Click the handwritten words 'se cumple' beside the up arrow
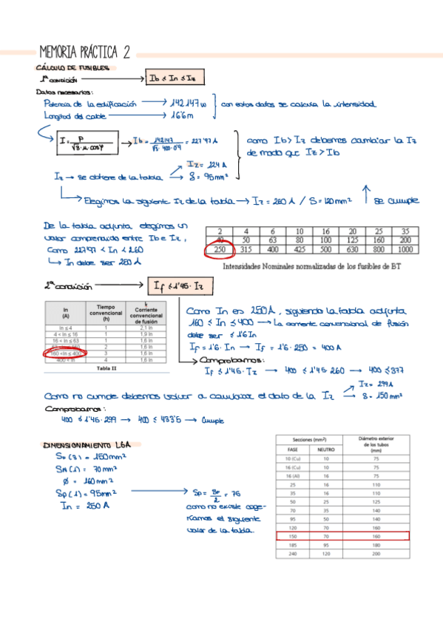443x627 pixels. point(400,200)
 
